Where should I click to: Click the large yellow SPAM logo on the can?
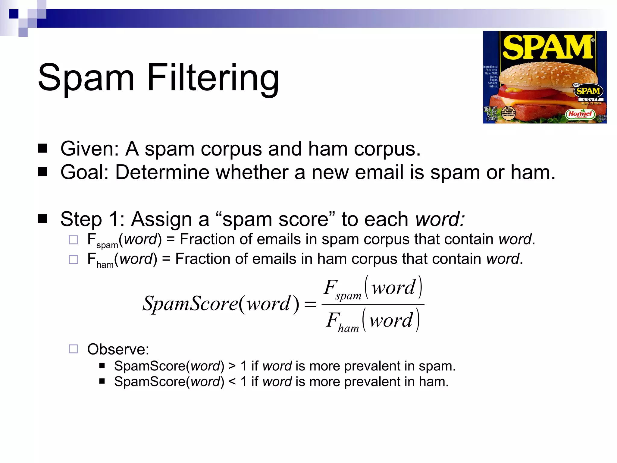tap(547, 47)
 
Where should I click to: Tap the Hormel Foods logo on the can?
tap(580, 114)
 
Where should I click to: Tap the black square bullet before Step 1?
tap(43, 219)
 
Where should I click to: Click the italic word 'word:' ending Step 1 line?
tap(440, 219)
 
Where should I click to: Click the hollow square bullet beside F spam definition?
tap(73, 240)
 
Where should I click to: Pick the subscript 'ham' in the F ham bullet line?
tap(105, 265)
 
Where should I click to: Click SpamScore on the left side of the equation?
tap(190, 303)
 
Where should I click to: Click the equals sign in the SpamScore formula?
tap(310, 304)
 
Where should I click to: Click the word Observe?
tap(118, 349)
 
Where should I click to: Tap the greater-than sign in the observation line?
tap(232, 366)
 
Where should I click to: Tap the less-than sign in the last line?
tap(232, 382)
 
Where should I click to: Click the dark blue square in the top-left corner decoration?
tap(14, 14)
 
